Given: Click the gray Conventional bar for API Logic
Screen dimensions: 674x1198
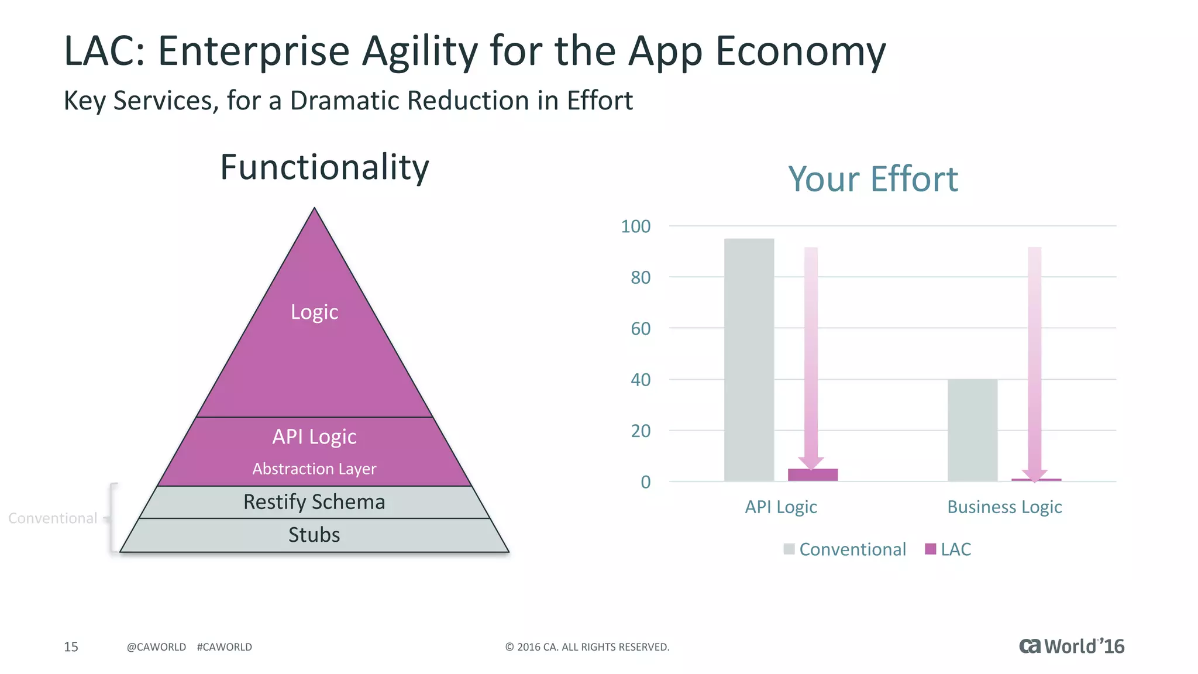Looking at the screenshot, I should tap(749, 360).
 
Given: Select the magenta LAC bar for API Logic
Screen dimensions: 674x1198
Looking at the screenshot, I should tap(813, 475).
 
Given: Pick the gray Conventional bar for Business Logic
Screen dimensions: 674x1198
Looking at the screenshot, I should tap(972, 430).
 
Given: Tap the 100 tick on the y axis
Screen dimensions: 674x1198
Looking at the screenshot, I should tap(636, 226).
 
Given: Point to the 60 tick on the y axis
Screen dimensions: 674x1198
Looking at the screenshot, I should tap(641, 329).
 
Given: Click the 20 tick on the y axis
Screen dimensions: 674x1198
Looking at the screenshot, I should tap(641, 431).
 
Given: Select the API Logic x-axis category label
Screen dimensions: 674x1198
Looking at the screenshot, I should tap(780, 507).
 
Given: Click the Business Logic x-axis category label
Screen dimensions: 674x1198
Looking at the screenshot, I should tap(1004, 507).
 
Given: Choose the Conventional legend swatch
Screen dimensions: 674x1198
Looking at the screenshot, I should tap(789, 549).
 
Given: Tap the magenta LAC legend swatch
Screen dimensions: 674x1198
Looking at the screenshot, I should tap(930, 549).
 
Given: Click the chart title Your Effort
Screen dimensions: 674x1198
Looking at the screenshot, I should tap(873, 179).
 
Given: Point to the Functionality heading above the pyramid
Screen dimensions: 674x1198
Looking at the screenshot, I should tap(325, 167).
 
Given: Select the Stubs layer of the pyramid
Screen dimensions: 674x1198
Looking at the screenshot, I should tap(314, 535).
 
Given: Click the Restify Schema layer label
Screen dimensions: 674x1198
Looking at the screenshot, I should tap(314, 502).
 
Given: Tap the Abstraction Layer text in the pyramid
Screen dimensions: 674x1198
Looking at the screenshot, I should tap(314, 469).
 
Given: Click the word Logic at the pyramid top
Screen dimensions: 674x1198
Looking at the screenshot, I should tap(314, 312).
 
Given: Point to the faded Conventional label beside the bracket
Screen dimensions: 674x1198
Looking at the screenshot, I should tap(53, 518).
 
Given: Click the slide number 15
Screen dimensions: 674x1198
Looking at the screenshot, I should tap(71, 647).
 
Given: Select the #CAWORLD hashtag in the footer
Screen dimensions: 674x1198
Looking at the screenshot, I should tap(225, 647).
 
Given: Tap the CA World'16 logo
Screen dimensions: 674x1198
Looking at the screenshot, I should tap(1072, 646).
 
